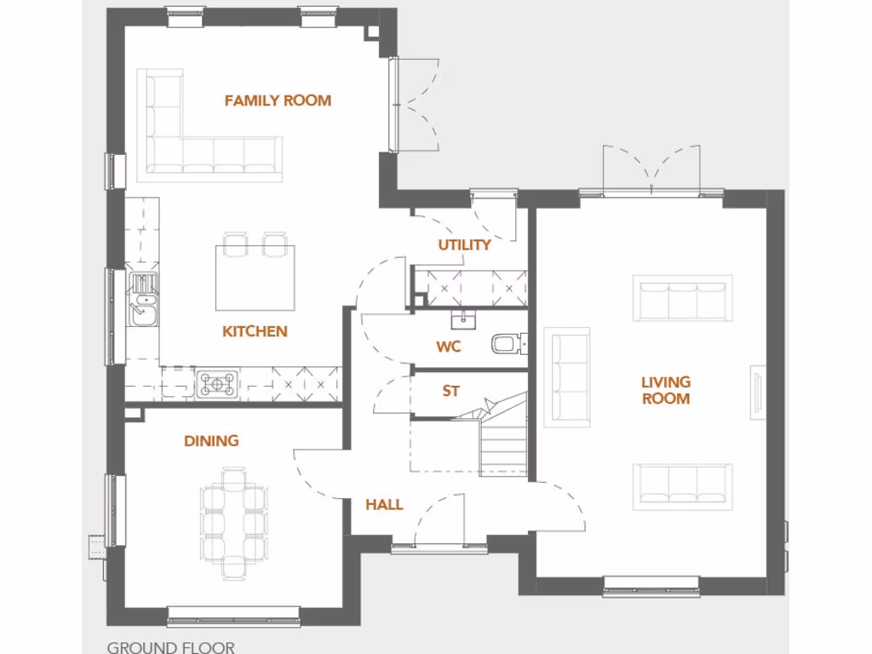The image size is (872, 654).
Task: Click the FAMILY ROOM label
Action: [x=278, y=100]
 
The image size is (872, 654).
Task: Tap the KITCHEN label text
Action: [x=255, y=331]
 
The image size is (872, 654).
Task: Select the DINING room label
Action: [x=211, y=440]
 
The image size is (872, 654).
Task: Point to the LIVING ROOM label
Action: [x=665, y=390]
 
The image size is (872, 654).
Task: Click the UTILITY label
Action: [x=464, y=245]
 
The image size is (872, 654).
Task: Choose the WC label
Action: [x=448, y=347]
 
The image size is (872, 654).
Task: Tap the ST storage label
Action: [x=450, y=391]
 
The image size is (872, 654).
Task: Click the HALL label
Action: [x=384, y=505]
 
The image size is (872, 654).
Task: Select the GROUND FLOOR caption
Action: [x=170, y=647]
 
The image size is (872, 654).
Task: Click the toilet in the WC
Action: [x=505, y=343]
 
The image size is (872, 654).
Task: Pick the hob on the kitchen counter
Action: [x=217, y=384]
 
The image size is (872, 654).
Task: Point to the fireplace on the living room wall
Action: [x=756, y=393]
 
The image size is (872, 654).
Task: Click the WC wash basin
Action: [x=463, y=319]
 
